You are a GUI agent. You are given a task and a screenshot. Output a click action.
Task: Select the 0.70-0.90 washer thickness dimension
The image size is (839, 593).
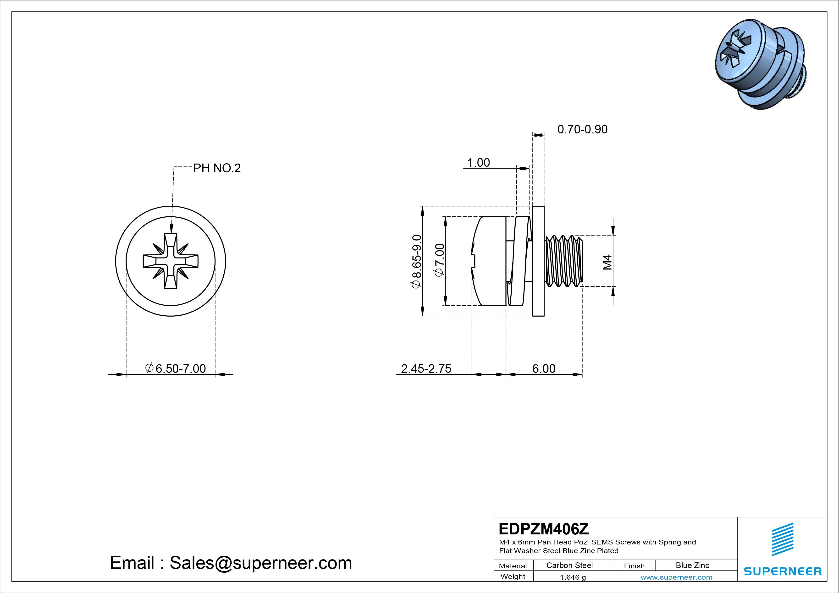tap(582, 129)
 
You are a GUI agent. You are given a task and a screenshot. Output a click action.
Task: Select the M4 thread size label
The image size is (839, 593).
tap(607, 262)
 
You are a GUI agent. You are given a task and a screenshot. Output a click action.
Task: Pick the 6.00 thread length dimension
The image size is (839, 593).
tap(543, 368)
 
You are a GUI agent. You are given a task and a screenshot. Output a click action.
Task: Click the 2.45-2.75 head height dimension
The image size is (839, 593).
tap(426, 368)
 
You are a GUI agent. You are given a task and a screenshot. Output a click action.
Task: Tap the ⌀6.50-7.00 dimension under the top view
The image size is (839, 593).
tap(176, 368)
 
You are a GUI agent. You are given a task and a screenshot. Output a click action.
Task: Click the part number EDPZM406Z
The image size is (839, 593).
tap(543, 529)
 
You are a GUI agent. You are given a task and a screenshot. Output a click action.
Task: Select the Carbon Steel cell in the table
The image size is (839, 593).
tap(569, 565)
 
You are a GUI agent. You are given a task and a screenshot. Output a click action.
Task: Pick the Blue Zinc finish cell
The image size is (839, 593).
tap(692, 565)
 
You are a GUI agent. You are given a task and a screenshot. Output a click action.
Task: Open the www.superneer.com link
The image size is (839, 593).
tap(676, 577)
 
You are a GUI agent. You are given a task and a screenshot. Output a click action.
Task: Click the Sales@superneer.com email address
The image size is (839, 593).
tap(260, 563)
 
